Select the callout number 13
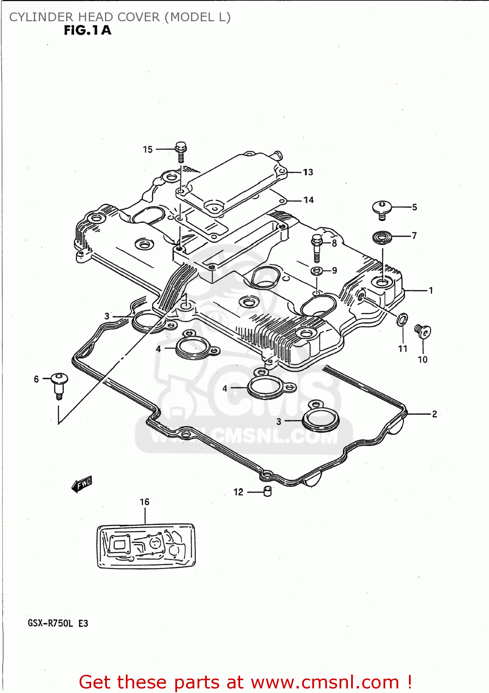click(308, 172)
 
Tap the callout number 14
click(309, 200)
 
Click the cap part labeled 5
click(382, 209)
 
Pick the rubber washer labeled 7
click(382, 238)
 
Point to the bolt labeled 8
click(317, 248)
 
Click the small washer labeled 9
click(316, 270)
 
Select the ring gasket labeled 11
click(402, 319)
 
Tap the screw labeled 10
click(422, 331)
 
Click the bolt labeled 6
click(59, 383)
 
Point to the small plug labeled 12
click(267, 492)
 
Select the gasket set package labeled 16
click(146, 546)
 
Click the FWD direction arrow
click(82, 484)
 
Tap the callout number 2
click(434, 414)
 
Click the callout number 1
click(431, 291)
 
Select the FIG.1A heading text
click(87, 30)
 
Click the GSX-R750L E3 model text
click(58, 623)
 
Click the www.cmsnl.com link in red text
click(325, 682)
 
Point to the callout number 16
click(144, 502)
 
